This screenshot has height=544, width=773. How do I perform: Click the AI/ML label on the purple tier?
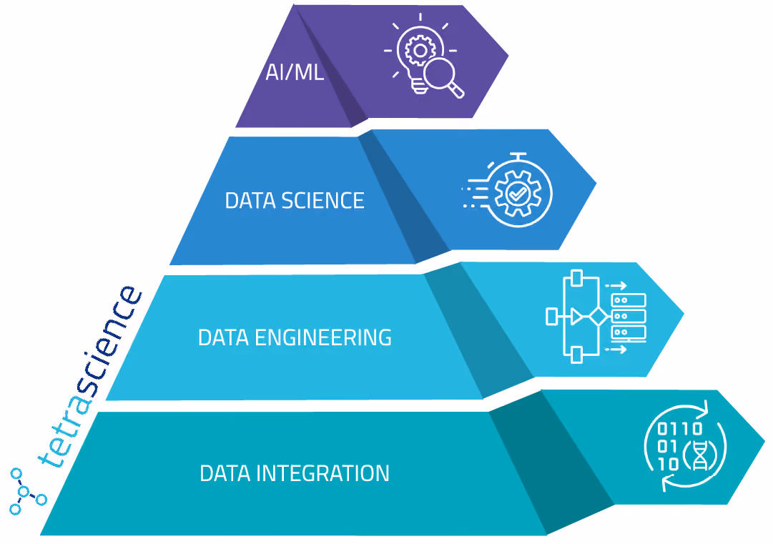tap(295, 72)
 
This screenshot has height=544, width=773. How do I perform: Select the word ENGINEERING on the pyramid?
tap(323, 337)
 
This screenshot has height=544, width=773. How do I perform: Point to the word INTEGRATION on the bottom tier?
tap(323, 473)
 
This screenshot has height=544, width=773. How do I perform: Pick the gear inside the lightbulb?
tap(420, 50)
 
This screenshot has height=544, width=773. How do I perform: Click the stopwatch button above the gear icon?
tap(518, 157)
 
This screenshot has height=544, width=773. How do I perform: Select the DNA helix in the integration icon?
tap(700, 455)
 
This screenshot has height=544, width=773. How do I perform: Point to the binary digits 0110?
tap(680, 428)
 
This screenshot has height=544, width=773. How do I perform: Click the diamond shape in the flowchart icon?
tap(599, 317)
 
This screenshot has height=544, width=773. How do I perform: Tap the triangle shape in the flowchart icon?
tap(576, 317)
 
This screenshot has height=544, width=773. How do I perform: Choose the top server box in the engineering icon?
tap(629, 300)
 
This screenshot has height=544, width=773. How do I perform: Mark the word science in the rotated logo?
tap(113, 340)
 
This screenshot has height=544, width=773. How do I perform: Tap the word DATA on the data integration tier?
tap(225, 473)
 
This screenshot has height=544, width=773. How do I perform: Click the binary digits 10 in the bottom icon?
tap(669, 464)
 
